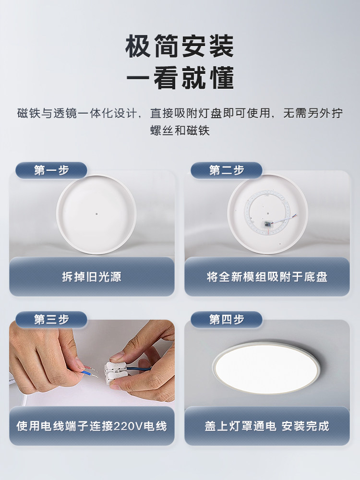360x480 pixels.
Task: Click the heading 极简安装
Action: click(x=180, y=46)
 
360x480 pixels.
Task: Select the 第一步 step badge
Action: click(x=51, y=170)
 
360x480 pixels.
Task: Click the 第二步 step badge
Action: click(x=227, y=170)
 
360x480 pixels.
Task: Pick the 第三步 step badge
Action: click(x=51, y=320)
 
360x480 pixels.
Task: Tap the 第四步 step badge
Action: click(x=227, y=320)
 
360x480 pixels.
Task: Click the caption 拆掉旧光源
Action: click(x=92, y=277)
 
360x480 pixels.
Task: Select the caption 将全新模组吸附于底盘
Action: click(x=267, y=277)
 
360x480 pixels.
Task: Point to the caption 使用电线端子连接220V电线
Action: click(x=92, y=426)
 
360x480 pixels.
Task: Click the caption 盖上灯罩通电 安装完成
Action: click(x=267, y=426)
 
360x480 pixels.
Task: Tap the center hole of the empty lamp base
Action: click(x=96, y=214)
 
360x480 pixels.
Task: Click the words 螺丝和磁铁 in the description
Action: click(x=180, y=131)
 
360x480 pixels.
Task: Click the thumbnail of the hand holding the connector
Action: click(x=92, y=363)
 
